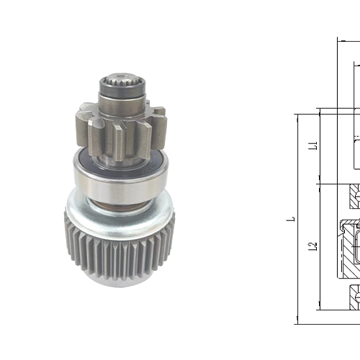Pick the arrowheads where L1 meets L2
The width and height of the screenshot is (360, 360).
[x=320, y=184]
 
